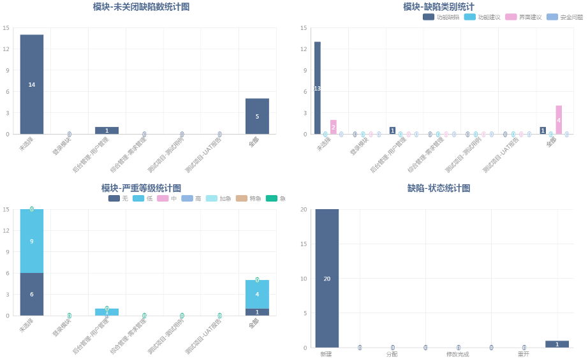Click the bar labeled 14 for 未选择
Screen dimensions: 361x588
tap(32, 84)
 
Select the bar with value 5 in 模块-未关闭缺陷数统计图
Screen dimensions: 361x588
tap(257, 116)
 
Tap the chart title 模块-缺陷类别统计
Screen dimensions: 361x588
tap(438, 6)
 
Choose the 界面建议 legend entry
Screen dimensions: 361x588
tap(524, 17)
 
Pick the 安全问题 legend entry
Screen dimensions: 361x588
tap(564, 17)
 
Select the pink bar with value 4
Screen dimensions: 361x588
tap(559, 120)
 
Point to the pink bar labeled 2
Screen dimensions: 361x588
tap(333, 127)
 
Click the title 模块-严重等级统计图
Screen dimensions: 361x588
tap(141, 188)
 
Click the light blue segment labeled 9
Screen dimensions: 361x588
tap(32, 241)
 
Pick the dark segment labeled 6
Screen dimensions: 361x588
tap(32, 294)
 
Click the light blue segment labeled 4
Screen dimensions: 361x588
tap(257, 294)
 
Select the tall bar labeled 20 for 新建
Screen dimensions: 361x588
tap(327, 278)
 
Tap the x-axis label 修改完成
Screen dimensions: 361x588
tap(458, 354)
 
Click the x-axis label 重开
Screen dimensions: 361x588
tap(524, 354)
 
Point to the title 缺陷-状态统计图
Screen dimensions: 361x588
tap(438, 188)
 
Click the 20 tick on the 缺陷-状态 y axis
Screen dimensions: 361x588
tap(304, 209)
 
